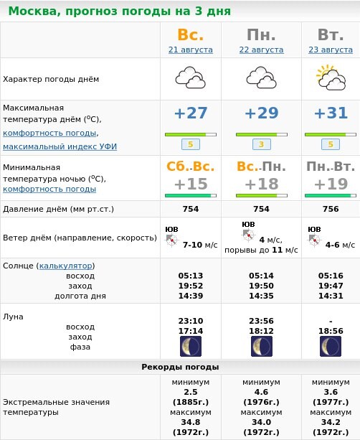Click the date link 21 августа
pyautogui.click(x=191, y=50)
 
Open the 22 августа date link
pyautogui.click(x=261, y=50)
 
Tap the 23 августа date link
pyautogui.click(x=331, y=50)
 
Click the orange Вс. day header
pyautogui.click(x=191, y=34)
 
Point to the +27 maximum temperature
pyautogui.click(x=191, y=113)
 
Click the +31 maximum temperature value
pyautogui.click(x=331, y=113)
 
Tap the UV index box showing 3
pyautogui.click(x=261, y=144)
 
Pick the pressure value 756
pyautogui.click(x=331, y=209)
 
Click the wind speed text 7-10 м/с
pyautogui.click(x=200, y=245)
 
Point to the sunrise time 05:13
pyautogui.click(x=191, y=276)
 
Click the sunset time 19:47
pyautogui.click(x=331, y=286)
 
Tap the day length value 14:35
pyautogui.click(x=261, y=296)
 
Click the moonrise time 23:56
pyautogui.click(x=261, y=321)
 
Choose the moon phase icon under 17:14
pyautogui.click(x=191, y=347)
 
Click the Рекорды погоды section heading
pyautogui.click(x=179, y=367)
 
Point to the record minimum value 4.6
pyautogui.click(x=261, y=392)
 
